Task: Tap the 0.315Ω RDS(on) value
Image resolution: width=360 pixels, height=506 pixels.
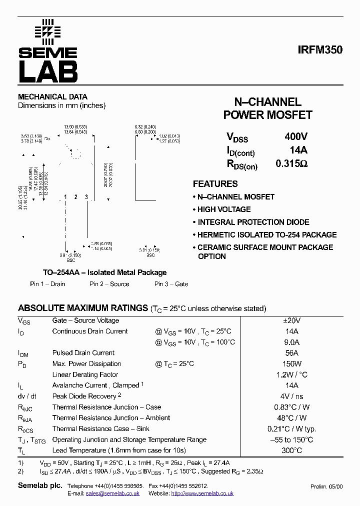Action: pyautogui.click(x=291, y=163)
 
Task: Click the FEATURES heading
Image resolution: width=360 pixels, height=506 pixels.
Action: pyautogui.click(x=215, y=183)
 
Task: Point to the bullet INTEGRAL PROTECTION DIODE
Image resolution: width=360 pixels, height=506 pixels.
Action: pyautogui.click(x=253, y=222)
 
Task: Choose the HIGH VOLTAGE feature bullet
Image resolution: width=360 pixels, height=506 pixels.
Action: pyautogui.click(x=224, y=209)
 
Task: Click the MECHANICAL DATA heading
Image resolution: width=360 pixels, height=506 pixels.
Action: pyautogui.click(x=52, y=96)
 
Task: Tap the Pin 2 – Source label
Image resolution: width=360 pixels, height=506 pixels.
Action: pyautogui.click(x=109, y=284)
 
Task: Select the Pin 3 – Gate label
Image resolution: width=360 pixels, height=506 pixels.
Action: pyautogui.click(x=171, y=284)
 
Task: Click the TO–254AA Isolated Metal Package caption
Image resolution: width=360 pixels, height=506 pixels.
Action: pyautogui.click(x=104, y=272)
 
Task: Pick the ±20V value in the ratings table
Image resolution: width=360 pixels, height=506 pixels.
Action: pyautogui.click(x=291, y=320)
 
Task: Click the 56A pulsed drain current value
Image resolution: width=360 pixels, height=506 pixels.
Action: pyautogui.click(x=291, y=353)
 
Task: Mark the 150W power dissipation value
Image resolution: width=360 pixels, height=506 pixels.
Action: pyautogui.click(x=291, y=364)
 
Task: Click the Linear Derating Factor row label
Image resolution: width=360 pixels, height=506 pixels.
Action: pyautogui.click(x=85, y=374)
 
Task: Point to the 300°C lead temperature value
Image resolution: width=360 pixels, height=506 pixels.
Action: pyautogui.click(x=291, y=450)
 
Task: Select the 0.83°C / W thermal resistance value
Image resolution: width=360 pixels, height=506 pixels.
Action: pyautogui.click(x=291, y=407)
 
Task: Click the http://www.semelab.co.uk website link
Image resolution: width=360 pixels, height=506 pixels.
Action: pyautogui.click(x=202, y=493)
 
